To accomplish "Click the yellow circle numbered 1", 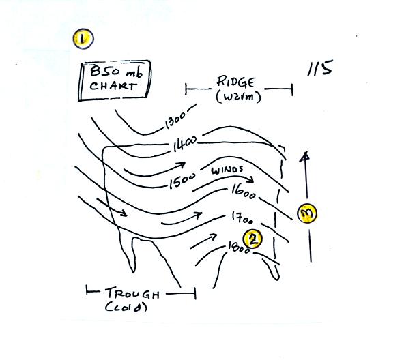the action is coord(83,39).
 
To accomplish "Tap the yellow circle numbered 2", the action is coord(252,239).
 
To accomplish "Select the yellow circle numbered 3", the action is coord(307,213).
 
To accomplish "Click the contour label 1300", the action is coord(175,120).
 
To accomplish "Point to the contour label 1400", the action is coord(184,145).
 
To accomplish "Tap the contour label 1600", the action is coord(243,192).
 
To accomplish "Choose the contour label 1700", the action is coord(242,218).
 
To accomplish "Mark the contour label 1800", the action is coord(239,247).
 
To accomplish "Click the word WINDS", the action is coord(227,170).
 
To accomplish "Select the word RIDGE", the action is coord(235,82).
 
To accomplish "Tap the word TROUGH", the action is coord(132,293).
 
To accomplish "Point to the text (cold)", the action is coord(126,307).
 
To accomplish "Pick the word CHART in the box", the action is coord(113,86).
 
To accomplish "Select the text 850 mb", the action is coord(116,72).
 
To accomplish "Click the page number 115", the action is coord(320,68).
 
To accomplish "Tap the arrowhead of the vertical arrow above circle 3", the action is coord(305,156).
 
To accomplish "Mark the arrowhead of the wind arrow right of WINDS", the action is coord(250,179).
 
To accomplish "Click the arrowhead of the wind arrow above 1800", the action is coord(214,236).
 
